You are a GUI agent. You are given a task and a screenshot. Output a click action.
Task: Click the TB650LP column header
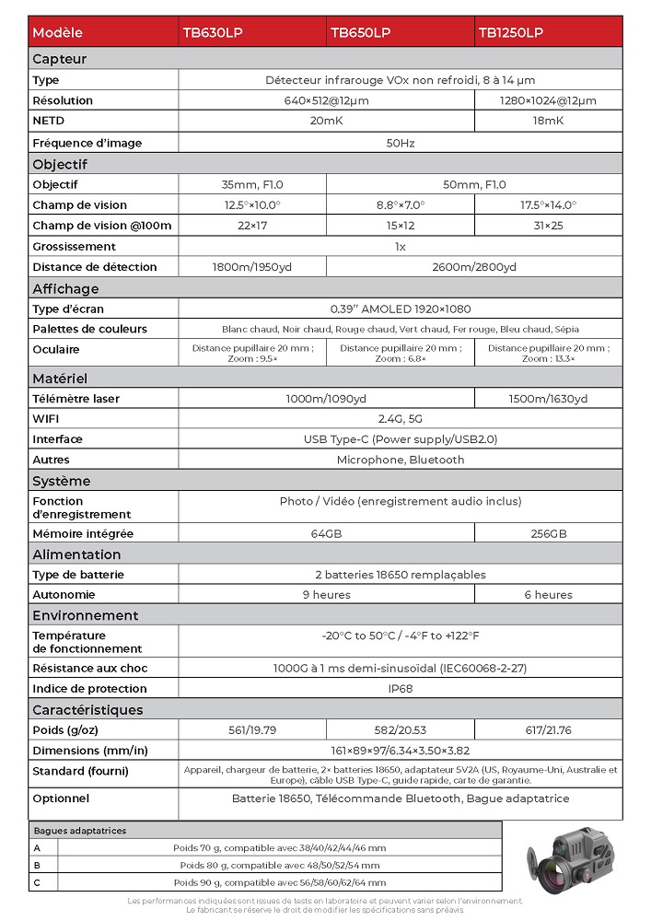coord(360,32)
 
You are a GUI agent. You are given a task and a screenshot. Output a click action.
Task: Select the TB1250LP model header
coord(510,32)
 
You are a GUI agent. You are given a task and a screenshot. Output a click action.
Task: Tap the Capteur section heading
coord(60,59)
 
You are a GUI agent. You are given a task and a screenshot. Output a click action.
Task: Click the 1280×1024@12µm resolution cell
coord(548,100)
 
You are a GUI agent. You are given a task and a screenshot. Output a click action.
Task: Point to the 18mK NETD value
coord(548,121)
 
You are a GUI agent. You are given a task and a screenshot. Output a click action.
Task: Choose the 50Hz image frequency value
coord(400,143)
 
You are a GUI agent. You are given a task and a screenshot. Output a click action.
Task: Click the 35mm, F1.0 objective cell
coord(251,184)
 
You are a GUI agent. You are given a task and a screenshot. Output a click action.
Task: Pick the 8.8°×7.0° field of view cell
coord(400,204)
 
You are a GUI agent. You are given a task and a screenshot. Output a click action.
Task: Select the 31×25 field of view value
coord(548,226)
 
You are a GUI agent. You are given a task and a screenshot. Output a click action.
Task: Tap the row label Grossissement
coord(74,246)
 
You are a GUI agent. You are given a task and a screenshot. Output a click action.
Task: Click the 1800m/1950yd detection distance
coord(251,267)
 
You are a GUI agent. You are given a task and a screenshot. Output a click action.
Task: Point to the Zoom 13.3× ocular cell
coord(548,353)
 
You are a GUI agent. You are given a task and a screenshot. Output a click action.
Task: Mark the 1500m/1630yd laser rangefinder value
coord(548,399)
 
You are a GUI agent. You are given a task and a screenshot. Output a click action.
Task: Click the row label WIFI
coord(45,419)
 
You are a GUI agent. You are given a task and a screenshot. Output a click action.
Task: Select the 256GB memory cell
coord(548,533)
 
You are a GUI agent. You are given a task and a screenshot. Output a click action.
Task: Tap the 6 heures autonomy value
coord(548,595)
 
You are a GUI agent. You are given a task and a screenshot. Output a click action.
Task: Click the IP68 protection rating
coord(400,688)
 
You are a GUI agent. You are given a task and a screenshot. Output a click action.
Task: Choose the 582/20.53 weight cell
coord(400,730)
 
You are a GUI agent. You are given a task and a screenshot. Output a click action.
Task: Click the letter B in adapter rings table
coord(38,865)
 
